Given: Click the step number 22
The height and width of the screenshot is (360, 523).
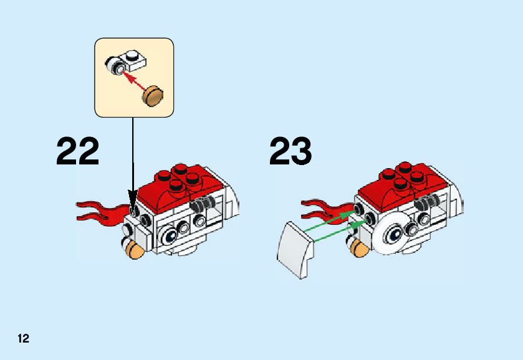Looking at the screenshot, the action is click(78, 151).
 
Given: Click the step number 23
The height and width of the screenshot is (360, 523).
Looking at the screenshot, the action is click(290, 151).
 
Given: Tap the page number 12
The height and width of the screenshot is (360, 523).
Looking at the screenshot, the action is click(23, 339).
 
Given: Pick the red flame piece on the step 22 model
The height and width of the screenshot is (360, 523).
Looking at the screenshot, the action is click(100, 210).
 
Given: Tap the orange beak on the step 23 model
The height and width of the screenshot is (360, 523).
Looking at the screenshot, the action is click(358, 249).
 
